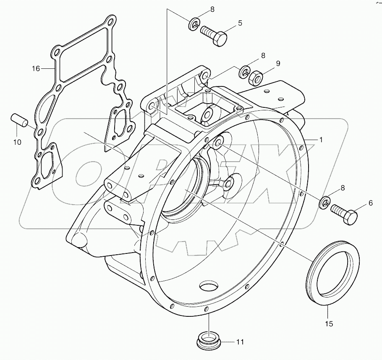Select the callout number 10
pyautogui.click(x=17, y=142)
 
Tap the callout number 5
pyautogui.click(x=240, y=23)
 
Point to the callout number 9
pyautogui.click(x=277, y=64)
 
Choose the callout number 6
pyautogui.click(x=370, y=203)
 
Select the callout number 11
pyautogui.click(x=239, y=342)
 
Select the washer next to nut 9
pyautogui.click(x=244, y=73)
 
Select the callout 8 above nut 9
pyautogui.click(x=263, y=55)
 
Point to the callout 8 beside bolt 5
pyautogui.click(x=200, y=9)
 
